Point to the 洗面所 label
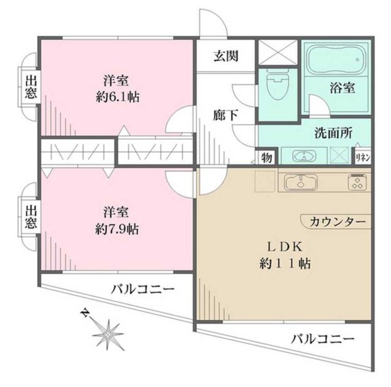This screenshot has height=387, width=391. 333,134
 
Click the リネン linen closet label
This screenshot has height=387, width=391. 362,157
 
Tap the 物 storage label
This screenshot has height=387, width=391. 268,157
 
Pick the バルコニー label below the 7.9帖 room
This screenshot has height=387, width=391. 142,288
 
